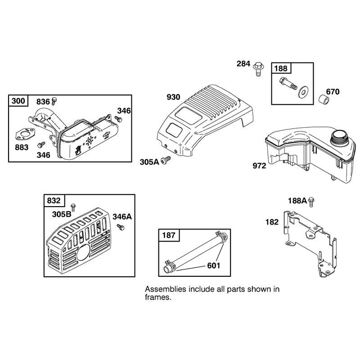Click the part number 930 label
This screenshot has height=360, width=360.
[x=173, y=97]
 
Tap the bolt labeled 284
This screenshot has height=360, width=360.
[x=258, y=69]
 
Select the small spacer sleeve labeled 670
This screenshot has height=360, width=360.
[x=324, y=99]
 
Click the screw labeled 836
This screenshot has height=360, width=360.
[x=54, y=101]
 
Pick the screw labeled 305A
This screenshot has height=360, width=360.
[x=166, y=160]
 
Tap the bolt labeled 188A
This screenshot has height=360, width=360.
[x=311, y=202]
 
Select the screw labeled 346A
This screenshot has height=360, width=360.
[x=121, y=227]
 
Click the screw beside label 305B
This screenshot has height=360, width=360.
[x=73, y=207]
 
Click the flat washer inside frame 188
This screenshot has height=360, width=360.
[x=303, y=92]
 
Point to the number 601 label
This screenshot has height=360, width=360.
[x=213, y=265]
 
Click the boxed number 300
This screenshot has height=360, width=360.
[x=18, y=101]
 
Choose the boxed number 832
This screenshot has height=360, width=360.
[x=54, y=200]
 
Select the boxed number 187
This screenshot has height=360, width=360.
[x=168, y=235]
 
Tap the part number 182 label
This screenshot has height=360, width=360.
[x=272, y=222]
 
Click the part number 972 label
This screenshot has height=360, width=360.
[x=259, y=166]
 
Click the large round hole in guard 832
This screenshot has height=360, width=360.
[x=83, y=252]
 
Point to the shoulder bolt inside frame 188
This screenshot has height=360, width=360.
[x=288, y=84]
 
